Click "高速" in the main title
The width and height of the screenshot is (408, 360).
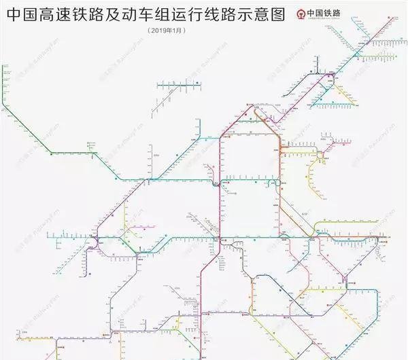click(x=59, y=14)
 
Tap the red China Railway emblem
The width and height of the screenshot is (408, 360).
click(x=301, y=14)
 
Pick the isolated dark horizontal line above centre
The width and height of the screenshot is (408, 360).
click(x=180, y=86)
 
